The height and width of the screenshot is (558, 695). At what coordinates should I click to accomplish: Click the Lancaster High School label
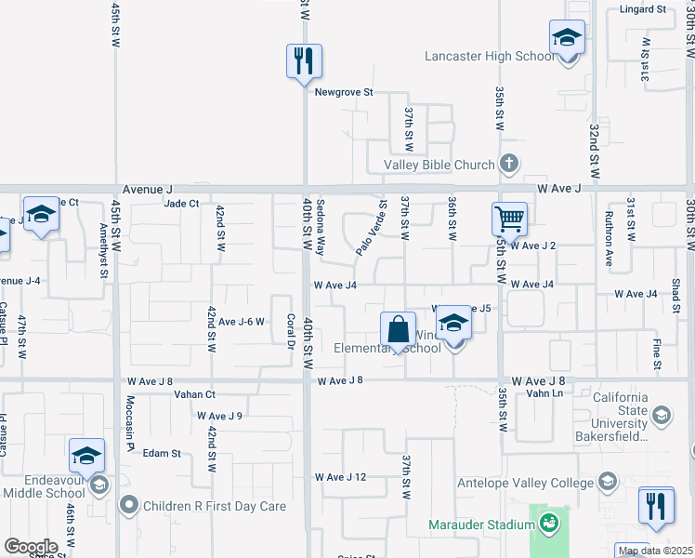coord(489,57)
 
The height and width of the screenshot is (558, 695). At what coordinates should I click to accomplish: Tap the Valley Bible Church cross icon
coord(508,165)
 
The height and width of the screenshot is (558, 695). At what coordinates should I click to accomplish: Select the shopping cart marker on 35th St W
coord(509,220)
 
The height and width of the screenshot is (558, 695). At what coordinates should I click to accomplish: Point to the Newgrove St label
coord(343,92)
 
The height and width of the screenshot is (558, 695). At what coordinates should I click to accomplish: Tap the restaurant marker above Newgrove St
coord(304,62)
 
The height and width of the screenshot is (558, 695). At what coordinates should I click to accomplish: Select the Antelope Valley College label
coord(524,483)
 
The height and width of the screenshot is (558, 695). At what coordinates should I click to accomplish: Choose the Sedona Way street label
coord(321,228)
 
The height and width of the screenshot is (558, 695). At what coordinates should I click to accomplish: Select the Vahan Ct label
coord(194,394)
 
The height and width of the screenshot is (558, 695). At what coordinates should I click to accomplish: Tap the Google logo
coord(31,546)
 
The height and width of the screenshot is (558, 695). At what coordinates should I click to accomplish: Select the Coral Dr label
coord(290,332)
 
